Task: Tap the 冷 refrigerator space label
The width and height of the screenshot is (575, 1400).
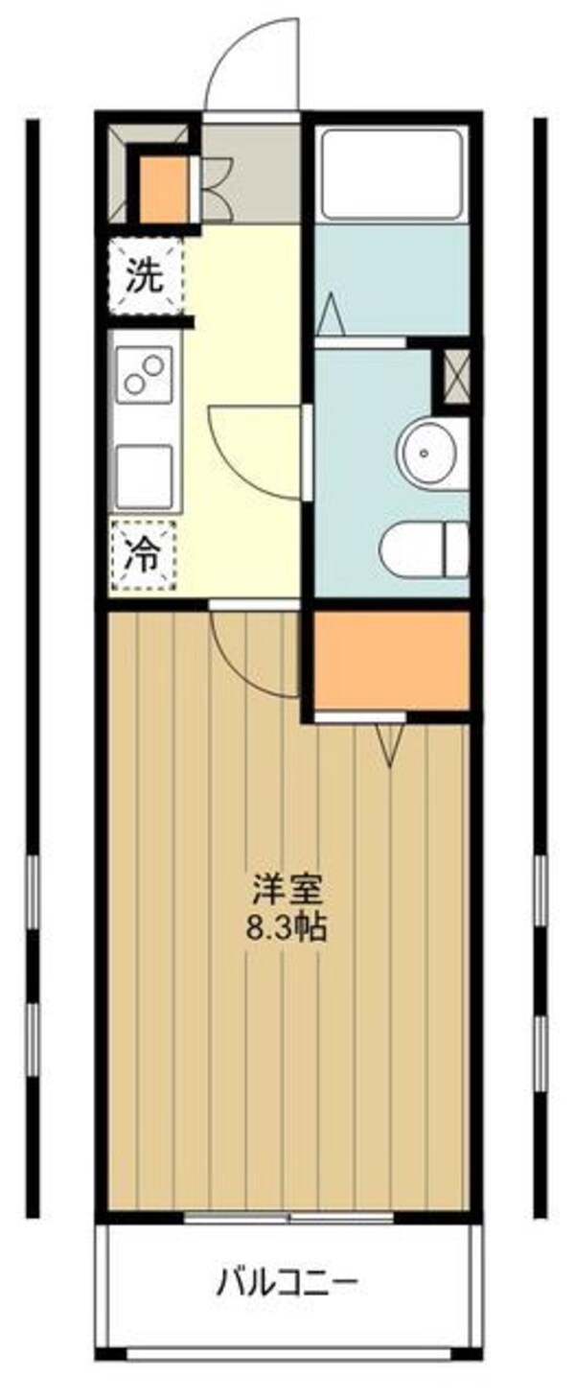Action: click(144, 554)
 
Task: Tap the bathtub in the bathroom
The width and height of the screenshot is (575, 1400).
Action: click(392, 173)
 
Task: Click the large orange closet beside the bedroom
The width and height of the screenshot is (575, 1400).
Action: click(391, 660)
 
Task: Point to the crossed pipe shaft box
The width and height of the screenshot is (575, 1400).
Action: click(453, 378)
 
